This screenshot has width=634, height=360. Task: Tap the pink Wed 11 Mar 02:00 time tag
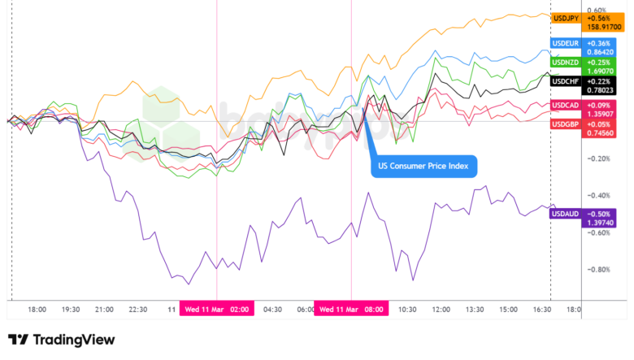point(217,310)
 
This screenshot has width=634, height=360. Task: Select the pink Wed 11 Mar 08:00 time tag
point(351,310)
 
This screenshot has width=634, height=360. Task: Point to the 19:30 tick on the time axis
point(71,310)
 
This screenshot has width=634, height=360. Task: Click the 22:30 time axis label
point(138,310)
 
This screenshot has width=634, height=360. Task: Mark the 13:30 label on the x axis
point(475,310)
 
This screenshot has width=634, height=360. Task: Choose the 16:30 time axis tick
point(542,310)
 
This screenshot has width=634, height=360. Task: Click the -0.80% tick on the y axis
point(599,270)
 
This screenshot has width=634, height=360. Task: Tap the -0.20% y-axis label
point(599,158)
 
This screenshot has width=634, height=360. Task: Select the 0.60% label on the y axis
point(597,11)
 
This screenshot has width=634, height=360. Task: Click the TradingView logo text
point(72,340)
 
